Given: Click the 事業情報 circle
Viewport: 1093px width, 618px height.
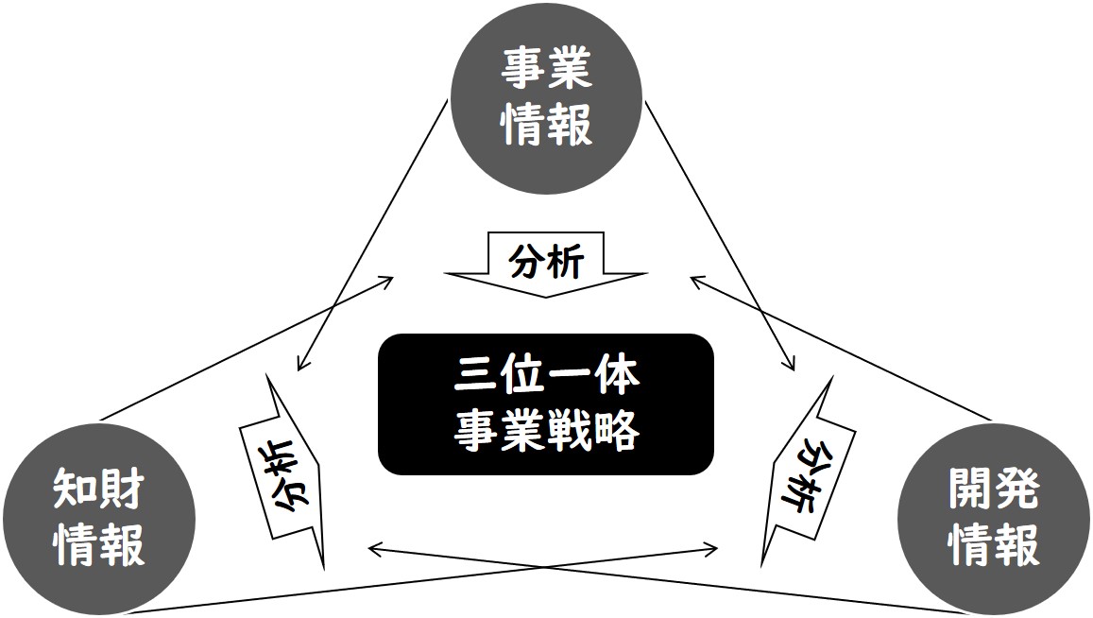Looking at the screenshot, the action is click(546, 98).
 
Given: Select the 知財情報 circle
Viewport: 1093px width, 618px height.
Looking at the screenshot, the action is click(98, 519).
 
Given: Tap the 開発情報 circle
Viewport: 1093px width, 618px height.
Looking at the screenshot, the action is click(994, 519).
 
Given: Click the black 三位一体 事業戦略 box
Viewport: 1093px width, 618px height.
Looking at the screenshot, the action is click(546, 403).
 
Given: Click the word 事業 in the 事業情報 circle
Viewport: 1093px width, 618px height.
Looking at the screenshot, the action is click(546, 69).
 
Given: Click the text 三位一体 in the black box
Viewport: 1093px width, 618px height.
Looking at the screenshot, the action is click(546, 377).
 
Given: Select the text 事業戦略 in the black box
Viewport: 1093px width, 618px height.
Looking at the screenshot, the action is click(546, 430).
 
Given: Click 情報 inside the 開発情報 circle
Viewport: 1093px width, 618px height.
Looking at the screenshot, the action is click(994, 544).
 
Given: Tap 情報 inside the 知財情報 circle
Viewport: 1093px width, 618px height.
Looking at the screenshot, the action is click(99, 544).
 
